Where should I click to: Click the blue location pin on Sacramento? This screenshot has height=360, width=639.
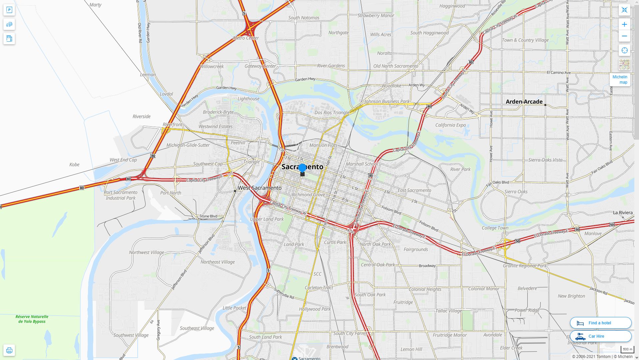pos(302,168)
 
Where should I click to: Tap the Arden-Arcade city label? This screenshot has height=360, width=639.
pos(524,102)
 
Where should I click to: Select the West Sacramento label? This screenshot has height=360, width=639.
pos(260,188)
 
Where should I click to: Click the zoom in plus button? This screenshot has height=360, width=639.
pos(624,24)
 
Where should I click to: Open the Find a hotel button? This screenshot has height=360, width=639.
pos(600,323)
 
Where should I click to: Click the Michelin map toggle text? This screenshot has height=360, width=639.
pos(620,80)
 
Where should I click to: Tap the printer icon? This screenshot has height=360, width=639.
pos(9,350)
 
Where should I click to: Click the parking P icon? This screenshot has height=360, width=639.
pos(9,10)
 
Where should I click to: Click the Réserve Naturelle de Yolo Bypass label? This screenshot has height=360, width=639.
pos(32,319)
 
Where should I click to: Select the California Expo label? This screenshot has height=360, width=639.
pos(450,125)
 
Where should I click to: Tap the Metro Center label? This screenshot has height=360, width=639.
pos(246,38)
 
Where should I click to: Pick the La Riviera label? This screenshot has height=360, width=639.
pos(623,213)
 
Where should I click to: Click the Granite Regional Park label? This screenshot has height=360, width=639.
pos(525,266)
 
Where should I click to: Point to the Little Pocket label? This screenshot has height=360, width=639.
pos(234,308)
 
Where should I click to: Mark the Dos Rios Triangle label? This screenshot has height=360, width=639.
pos(332,113)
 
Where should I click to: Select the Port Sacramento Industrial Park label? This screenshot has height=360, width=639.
pos(121,195)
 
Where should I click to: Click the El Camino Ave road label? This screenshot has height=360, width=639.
pos(559,72)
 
